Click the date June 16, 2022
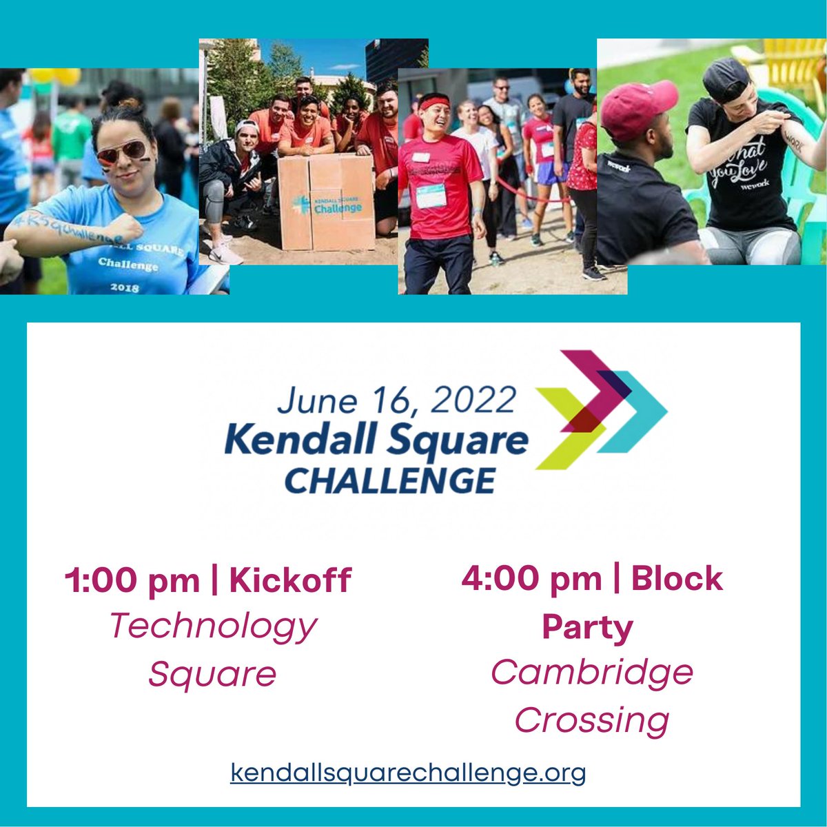pyautogui.click(x=397, y=400)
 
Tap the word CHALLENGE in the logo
pyautogui.click(x=390, y=480)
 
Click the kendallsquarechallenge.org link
pyautogui.click(x=408, y=772)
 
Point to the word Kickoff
pyautogui.click(x=290, y=580)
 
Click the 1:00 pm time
pyautogui.click(x=132, y=580)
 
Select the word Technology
pyautogui.click(x=213, y=626)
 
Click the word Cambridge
pyautogui.click(x=592, y=672)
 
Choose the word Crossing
pyautogui.click(x=592, y=720)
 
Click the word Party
pyautogui.click(x=587, y=627)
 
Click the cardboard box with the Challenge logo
pyautogui.click(x=327, y=201)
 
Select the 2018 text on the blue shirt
pyautogui.click(x=123, y=287)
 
